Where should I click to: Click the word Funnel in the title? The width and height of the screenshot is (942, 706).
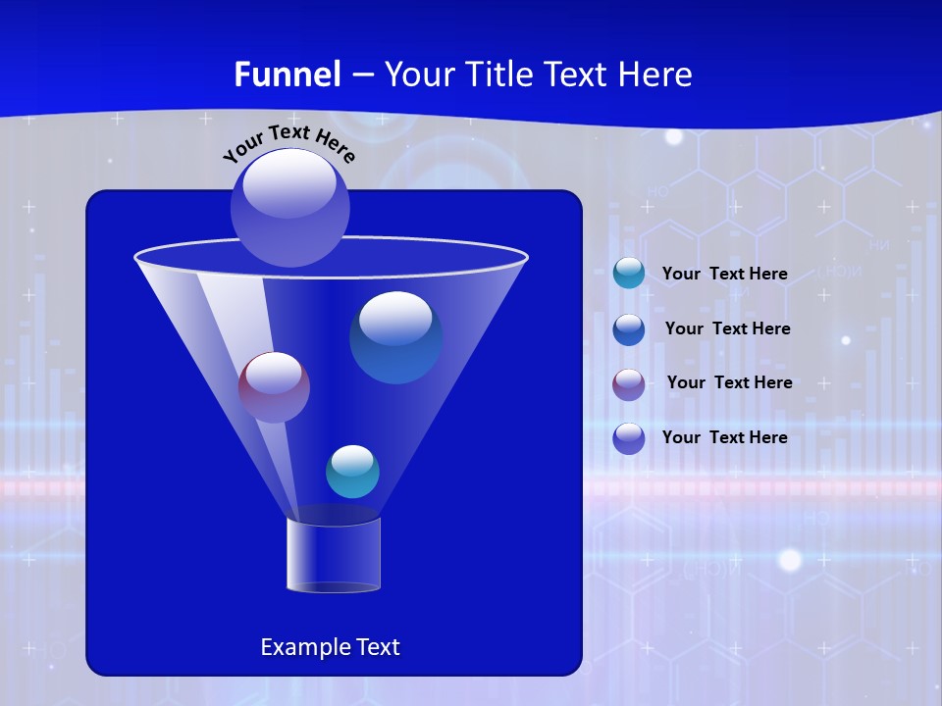(x=288, y=75)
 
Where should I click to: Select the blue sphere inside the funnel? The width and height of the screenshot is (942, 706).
(x=395, y=337)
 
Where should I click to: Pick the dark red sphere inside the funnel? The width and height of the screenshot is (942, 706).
(x=274, y=387)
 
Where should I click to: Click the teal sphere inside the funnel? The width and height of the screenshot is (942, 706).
(x=352, y=472)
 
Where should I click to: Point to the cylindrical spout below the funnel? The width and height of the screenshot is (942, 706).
(x=334, y=555)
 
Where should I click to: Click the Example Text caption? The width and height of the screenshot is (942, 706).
(x=330, y=647)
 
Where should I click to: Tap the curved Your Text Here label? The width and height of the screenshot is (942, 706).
(x=288, y=143)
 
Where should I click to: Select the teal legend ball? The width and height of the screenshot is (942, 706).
(x=629, y=274)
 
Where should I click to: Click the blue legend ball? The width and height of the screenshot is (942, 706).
(x=629, y=328)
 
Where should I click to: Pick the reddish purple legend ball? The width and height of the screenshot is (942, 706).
(x=629, y=383)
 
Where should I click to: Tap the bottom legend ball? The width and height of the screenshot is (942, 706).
(x=629, y=437)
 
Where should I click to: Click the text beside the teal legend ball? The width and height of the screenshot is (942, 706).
(x=724, y=274)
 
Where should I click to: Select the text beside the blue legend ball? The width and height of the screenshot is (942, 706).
(x=727, y=328)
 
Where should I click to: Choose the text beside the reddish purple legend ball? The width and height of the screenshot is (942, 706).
(x=729, y=382)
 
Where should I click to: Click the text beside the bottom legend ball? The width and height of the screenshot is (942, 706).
(x=724, y=437)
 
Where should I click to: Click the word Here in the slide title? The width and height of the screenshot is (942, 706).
(x=656, y=75)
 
